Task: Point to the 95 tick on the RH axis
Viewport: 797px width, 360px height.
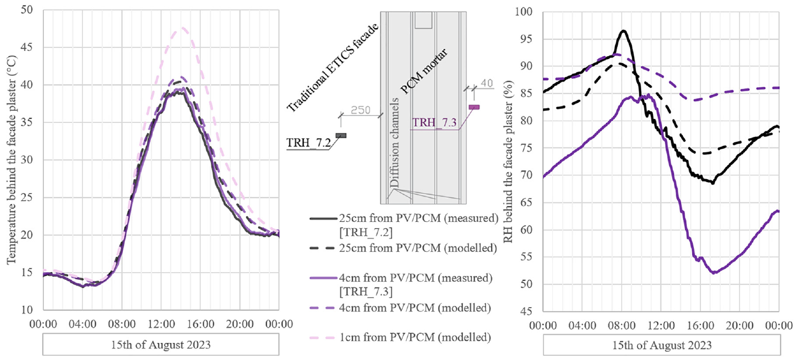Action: (525, 39)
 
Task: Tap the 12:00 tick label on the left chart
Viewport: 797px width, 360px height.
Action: (162, 324)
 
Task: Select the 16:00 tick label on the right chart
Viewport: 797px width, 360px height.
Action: (700, 325)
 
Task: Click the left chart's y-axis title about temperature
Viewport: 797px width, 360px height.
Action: (11, 160)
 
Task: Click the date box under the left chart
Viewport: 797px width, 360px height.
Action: (161, 345)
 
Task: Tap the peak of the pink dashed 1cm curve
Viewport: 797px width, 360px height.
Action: (183, 28)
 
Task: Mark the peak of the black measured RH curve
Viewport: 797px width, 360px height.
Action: (623, 31)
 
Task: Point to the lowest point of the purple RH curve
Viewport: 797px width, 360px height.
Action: (713, 273)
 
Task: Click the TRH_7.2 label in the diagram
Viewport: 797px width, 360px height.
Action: (309, 143)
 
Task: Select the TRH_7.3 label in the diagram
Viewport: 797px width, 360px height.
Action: (434, 122)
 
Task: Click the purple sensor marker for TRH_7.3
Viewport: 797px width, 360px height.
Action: (474, 107)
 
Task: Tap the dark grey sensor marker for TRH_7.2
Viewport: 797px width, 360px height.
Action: (341, 136)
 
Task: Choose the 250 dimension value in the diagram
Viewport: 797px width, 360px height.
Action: (361, 110)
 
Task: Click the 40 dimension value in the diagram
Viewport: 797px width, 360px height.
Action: (487, 83)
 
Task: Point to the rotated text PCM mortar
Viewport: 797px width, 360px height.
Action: (424, 72)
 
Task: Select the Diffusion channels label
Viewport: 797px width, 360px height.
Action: (394, 143)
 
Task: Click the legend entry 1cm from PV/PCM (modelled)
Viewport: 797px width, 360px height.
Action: (401, 337)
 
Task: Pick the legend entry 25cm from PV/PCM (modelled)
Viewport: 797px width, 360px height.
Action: (403, 248)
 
